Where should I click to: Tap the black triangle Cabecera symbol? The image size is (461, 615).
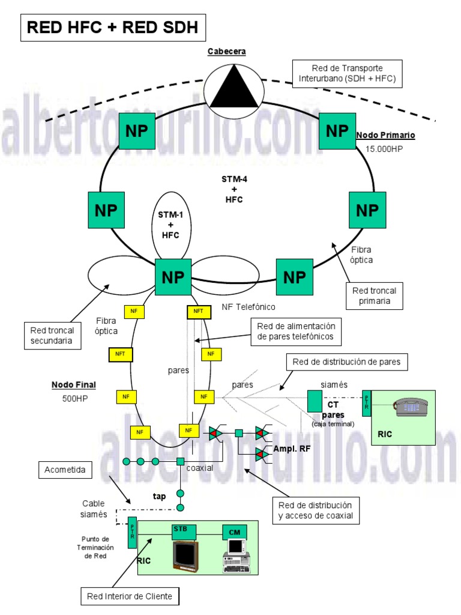(234, 88)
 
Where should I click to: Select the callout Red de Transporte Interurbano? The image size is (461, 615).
(348, 73)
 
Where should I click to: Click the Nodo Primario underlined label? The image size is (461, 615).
(385, 135)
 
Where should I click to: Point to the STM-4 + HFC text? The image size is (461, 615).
(231, 189)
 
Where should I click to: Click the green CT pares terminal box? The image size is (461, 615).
(315, 401)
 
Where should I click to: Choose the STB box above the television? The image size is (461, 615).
(180, 530)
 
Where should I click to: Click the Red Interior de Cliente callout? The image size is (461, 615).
(129, 596)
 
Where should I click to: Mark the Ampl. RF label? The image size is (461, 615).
(291, 449)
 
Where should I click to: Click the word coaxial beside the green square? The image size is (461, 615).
(200, 468)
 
